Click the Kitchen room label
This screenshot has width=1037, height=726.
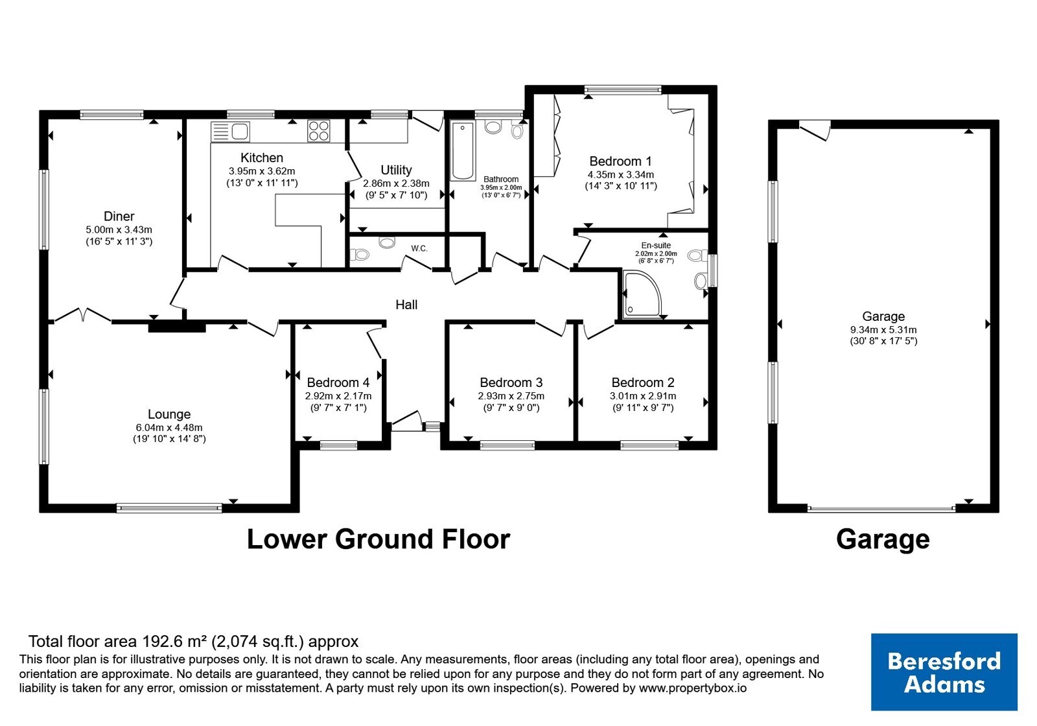coord(262,158)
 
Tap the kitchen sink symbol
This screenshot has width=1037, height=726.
coord(230,132)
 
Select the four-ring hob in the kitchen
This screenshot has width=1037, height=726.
coord(318,130)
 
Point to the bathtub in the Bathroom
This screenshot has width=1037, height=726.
coord(463,150)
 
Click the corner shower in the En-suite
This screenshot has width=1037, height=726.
coord(642,294)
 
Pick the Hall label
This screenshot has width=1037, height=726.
coord(406,305)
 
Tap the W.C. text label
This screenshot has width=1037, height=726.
coord(419,249)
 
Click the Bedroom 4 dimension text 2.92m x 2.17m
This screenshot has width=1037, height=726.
coord(338,396)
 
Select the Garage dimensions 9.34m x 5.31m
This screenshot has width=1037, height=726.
coord(883,330)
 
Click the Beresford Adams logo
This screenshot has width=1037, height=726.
coord(944,672)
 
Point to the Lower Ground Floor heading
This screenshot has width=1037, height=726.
coord(379,539)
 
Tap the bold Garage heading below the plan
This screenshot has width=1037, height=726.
coord(883,540)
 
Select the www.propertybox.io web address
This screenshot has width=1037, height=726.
coord(693,688)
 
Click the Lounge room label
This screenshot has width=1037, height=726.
coord(169,414)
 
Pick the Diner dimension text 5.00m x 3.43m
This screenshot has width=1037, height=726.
coord(119,229)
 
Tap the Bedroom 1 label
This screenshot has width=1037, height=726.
coord(620,161)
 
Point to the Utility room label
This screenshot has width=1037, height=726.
coord(396,170)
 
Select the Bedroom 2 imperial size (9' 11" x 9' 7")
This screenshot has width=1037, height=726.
coord(642,408)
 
